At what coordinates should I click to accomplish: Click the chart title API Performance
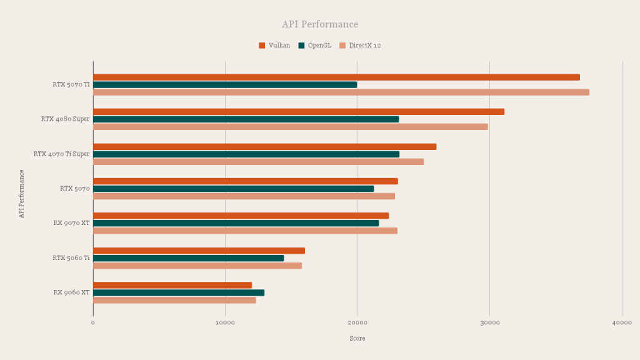(x=320, y=24)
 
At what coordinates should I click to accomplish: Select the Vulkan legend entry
(x=275, y=45)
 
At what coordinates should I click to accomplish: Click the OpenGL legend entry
(x=315, y=45)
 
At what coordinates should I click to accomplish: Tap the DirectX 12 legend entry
(x=360, y=45)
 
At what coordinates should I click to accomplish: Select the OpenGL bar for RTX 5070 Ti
(x=225, y=85)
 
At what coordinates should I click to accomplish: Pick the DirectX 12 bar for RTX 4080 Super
(x=291, y=127)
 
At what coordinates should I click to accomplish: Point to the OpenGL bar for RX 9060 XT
(x=179, y=292)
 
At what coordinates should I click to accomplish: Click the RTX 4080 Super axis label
(x=65, y=119)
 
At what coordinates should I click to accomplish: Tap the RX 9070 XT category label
(x=71, y=223)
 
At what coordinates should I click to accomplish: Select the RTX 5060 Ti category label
(x=71, y=258)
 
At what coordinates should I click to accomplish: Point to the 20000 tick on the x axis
(x=357, y=323)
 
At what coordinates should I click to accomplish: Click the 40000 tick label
(x=622, y=323)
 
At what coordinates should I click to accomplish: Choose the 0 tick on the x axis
(x=93, y=323)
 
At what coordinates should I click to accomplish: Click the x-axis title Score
(x=357, y=338)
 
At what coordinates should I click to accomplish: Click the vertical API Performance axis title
(x=22, y=193)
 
